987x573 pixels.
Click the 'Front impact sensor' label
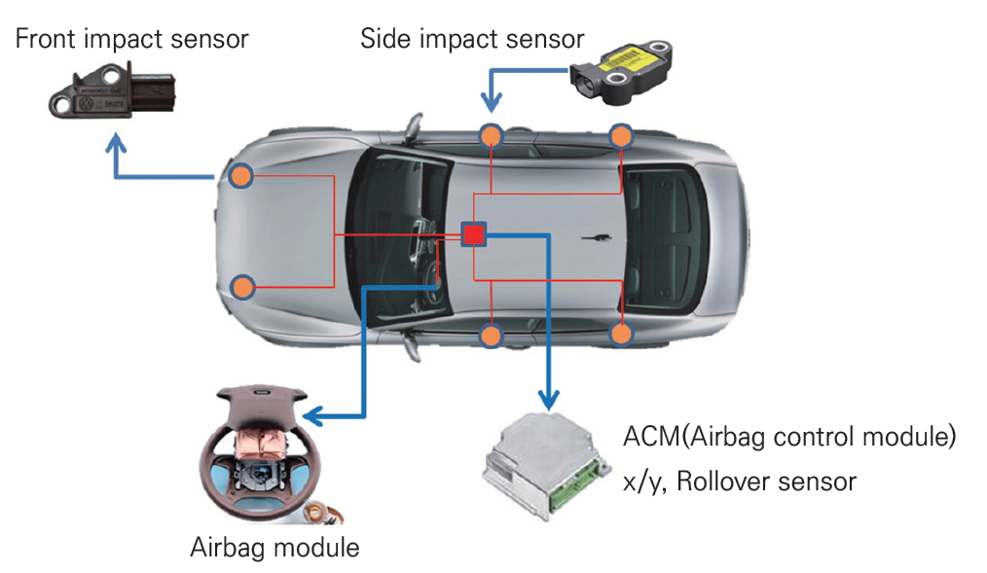(132, 40)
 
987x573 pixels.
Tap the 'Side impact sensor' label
(472, 40)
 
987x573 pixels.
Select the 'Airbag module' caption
(274, 547)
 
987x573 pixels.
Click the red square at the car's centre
(474, 234)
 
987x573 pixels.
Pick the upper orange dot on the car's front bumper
(241, 176)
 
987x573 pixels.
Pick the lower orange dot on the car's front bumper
(242, 287)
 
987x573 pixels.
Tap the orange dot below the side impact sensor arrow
(492, 135)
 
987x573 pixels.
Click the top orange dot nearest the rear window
(621, 135)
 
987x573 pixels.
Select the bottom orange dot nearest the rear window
(622, 334)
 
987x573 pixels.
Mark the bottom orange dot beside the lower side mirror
(492, 337)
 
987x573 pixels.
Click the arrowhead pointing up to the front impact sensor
(117, 144)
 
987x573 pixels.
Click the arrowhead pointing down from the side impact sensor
(492, 103)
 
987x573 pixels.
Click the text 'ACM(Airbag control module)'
(789, 437)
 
